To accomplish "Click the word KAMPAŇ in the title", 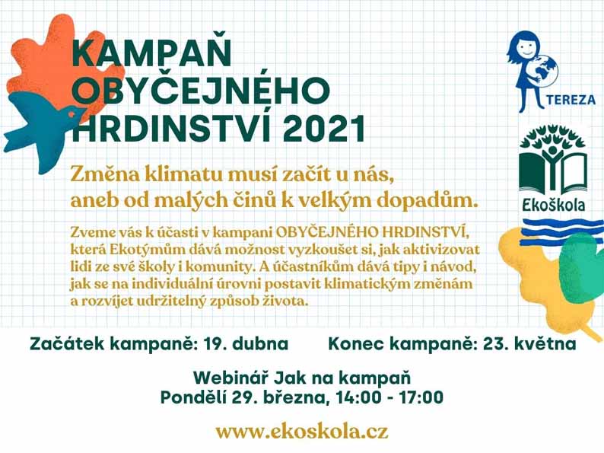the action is tap(152, 53).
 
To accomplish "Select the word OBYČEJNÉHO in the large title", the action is tap(202, 91).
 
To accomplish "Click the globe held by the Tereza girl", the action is tap(543, 69).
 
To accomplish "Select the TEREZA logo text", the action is tap(570, 100).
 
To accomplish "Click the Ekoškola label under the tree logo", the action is tap(554, 204).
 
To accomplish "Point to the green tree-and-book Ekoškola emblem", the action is tap(553, 159).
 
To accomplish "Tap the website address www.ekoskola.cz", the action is tap(301, 432).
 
